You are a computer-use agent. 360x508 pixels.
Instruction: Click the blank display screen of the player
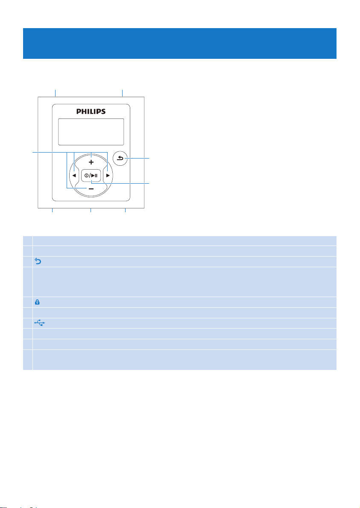91,132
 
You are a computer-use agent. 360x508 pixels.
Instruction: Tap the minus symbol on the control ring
91,188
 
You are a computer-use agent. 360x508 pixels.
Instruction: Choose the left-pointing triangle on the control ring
73,175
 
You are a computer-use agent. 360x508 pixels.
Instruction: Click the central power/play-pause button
91,175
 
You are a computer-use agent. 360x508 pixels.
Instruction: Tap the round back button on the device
120,159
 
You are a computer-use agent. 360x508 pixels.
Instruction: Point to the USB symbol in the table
39,323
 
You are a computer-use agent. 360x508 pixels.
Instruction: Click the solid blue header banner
180,43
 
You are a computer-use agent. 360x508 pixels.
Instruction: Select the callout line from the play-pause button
128,184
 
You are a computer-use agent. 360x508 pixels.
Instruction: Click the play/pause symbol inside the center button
95,175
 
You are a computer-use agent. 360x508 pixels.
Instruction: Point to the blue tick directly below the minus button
91,211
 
